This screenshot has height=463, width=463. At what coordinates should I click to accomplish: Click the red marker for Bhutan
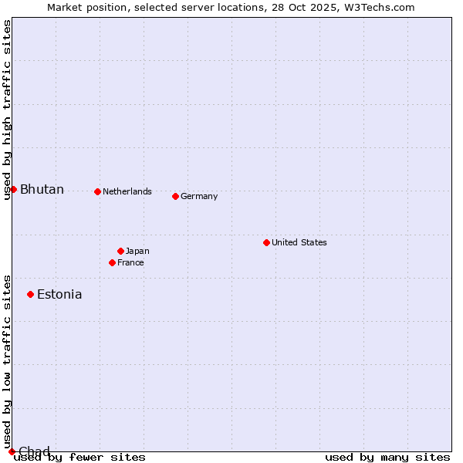(13, 189)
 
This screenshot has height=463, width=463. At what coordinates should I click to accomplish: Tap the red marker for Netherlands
(97, 191)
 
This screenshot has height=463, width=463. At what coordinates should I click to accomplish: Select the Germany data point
(175, 196)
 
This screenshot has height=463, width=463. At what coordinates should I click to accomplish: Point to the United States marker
(266, 242)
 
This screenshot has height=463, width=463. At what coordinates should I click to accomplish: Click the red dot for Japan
(120, 251)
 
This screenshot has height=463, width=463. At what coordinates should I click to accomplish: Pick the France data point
(112, 262)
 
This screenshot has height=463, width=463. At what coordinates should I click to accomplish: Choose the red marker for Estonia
(30, 294)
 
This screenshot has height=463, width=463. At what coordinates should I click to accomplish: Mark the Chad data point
(12, 451)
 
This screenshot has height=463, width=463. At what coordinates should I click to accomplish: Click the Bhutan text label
(42, 190)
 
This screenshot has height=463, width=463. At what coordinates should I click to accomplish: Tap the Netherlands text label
(127, 191)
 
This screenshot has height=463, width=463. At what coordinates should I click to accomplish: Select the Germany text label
(199, 196)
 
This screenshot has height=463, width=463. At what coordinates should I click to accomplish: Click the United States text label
(299, 242)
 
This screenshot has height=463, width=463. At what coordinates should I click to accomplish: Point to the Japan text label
(137, 251)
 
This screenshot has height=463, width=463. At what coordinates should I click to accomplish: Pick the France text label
(130, 262)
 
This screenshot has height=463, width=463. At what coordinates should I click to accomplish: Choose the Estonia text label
(59, 294)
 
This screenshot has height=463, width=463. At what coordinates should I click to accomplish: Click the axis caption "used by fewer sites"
(79, 457)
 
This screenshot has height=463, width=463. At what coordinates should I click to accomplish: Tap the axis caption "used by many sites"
(387, 457)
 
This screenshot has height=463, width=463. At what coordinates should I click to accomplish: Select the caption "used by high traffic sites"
(7, 110)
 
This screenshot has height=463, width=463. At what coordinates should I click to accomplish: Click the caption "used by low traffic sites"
(7, 361)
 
